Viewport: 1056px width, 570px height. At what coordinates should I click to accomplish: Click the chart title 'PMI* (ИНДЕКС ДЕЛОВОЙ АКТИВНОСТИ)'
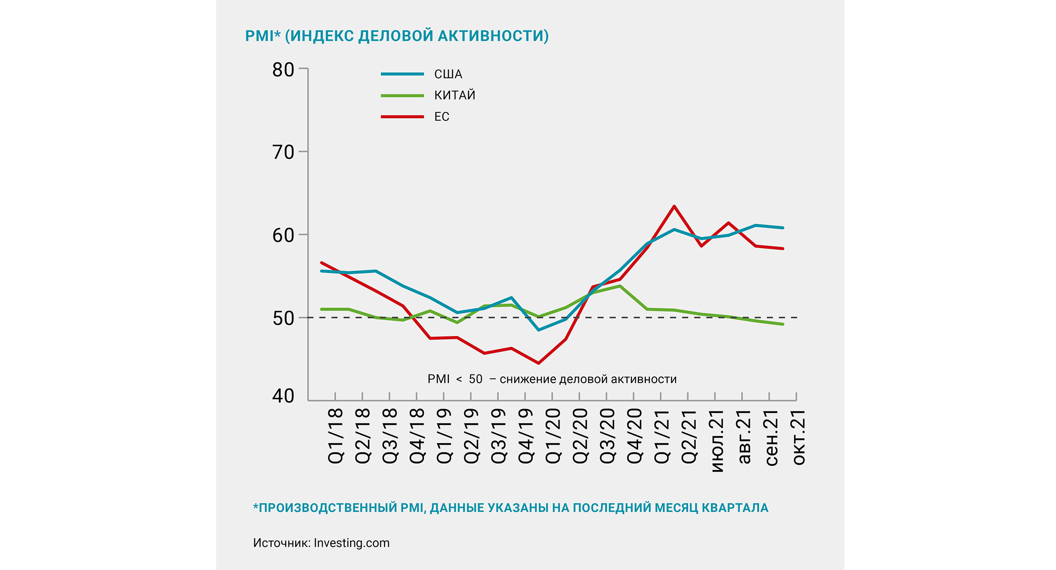pyautogui.click(x=396, y=36)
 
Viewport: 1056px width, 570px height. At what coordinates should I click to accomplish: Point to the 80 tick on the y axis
pyautogui.click(x=283, y=70)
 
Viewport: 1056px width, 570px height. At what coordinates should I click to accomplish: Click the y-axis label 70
pyautogui.click(x=283, y=152)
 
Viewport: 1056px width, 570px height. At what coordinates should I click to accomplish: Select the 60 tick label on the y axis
pyautogui.click(x=283, y=235)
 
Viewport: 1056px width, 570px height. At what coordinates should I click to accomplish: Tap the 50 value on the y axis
pyautogui.click(x=283, y=319)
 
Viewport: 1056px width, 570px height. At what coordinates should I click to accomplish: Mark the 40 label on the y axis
pyautogui.click(x=283, y=396)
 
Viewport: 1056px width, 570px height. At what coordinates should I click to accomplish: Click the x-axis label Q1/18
pyautogui.click(x=335, y=436)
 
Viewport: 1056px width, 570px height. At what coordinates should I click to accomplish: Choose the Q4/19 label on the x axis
pyautogui.click(x=526, y=436)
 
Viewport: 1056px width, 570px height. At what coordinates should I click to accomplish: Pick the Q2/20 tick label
pyautogui.click(x=580, y=436)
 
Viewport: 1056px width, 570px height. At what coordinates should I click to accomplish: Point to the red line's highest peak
pyautogui.click(x=674, y=206)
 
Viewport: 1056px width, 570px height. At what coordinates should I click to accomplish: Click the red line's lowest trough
pyautogui.click(x=538, y=363)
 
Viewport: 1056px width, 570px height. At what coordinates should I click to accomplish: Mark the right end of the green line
pyautogui.click(x=783, y=324)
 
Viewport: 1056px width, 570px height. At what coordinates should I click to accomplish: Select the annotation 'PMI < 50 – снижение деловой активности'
pyautogui.click(x=552, y=379)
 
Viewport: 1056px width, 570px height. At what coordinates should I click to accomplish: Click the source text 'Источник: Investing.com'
pyautogui.click(x=321, y=543)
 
